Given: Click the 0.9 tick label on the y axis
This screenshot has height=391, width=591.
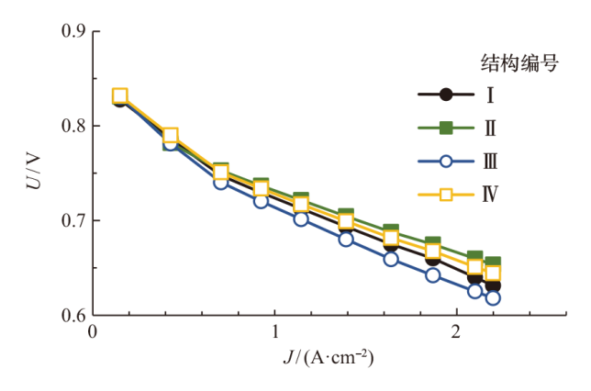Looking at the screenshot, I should pos(72,31).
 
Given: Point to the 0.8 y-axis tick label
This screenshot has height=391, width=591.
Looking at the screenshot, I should pos(72,126).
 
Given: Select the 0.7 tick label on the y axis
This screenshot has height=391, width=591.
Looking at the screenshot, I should pos(72,221).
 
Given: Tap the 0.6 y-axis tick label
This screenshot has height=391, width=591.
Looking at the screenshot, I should pos(72,316).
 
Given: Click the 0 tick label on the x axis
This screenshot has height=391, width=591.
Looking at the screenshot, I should pos(92,335).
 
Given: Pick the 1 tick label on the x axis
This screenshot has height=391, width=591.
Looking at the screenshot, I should pos(274,335).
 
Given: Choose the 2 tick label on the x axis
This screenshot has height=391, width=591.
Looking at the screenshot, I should pos(457,335).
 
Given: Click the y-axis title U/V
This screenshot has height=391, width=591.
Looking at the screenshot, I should pos(33,172).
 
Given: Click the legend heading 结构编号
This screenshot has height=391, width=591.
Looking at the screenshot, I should pos(520,63).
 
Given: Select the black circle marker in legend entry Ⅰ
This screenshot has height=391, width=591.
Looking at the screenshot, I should pos(446,94).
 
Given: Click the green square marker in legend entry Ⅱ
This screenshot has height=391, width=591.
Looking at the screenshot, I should pos(446,127).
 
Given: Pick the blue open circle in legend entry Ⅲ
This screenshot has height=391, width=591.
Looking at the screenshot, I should pos(446,161).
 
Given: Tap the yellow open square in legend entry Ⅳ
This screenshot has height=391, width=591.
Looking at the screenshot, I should pos(446,194).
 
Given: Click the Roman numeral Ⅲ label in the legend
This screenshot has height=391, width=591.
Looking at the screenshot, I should pos(491,161).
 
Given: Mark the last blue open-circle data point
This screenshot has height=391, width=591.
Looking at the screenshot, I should pos(493,297).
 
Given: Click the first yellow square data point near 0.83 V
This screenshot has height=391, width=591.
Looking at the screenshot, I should pos(120,95).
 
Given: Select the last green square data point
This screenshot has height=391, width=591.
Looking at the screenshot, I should pos(493,263).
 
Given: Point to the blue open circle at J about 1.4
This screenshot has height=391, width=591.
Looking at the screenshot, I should pos(346,240).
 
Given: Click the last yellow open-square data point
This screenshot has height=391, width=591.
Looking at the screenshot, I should pos(493,273).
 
